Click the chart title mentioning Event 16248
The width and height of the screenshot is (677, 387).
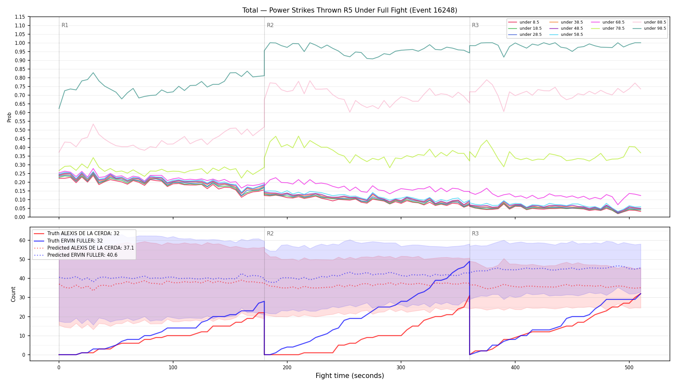coord(350,10)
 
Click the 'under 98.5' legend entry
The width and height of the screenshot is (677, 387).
coord(650,28)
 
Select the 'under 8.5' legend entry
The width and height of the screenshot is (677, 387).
coord(524,22)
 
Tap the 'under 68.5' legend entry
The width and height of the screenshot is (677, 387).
coord(608,22)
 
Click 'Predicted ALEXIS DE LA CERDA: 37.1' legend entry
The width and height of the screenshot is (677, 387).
coord(84,248)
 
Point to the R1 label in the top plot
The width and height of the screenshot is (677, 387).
coord(65,25)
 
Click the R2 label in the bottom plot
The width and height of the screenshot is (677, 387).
coord(270,233)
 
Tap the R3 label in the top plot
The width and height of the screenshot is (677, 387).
coord(475,25)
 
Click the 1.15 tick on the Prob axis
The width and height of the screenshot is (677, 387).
coord(20,17)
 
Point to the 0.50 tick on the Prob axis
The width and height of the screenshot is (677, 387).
coord(20,130)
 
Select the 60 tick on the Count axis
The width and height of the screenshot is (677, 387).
coord(22,240)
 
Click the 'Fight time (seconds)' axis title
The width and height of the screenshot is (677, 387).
coord(350,376)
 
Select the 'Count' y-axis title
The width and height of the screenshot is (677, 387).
coord(13,294)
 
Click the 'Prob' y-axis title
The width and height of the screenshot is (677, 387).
coord(9,117)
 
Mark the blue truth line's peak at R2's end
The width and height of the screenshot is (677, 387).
coord(469,261)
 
